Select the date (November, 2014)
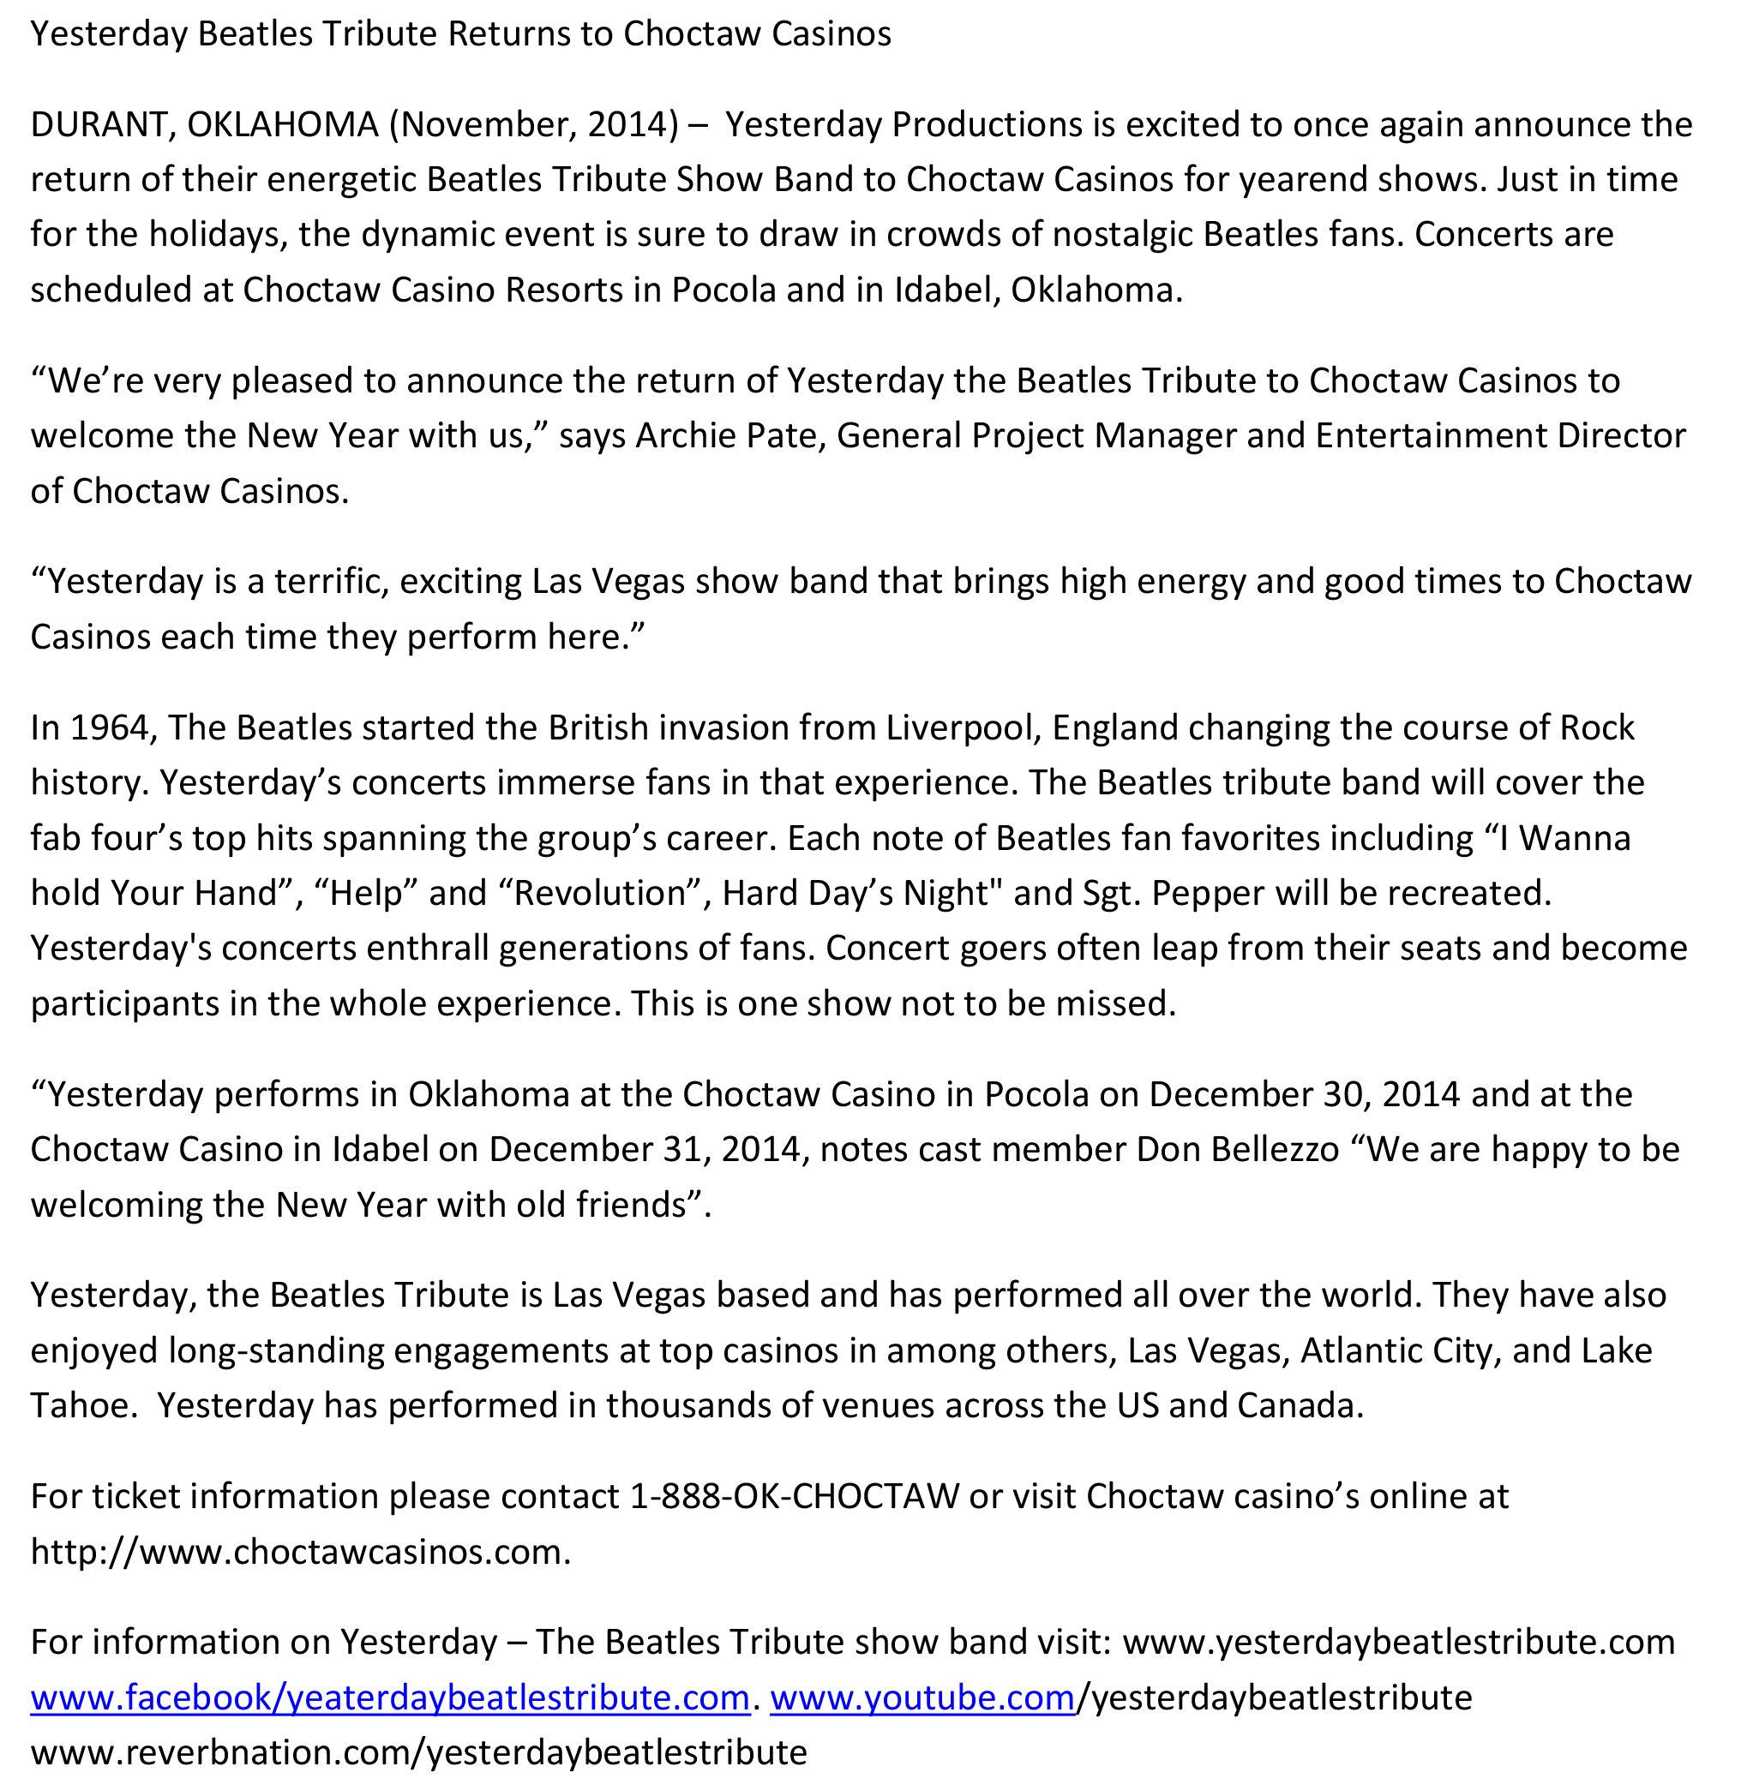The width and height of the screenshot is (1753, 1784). tap(533, 124)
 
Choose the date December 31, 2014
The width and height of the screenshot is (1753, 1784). tap(645, 1150)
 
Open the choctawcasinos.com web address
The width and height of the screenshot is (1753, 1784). tap(299, 1552)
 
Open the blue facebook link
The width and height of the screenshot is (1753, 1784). tap(389, 1697)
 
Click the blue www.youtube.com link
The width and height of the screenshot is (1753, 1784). tap(922, 1697)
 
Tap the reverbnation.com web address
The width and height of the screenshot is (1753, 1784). tap(418, 1752)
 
